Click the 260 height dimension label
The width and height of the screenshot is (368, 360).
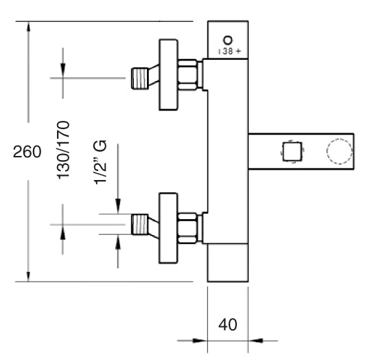[27, 152]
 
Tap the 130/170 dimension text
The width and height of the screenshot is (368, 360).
[63, 150]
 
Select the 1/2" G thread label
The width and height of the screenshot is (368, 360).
[100, 162]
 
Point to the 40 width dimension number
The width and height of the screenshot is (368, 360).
[228, 325]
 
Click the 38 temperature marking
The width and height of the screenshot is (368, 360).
[227, 52]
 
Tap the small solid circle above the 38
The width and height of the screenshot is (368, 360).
[228, 40]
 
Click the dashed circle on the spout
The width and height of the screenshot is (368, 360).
[339, 151]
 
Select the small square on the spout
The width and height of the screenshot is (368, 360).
[292, 151]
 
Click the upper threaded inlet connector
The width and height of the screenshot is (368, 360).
[140, 78]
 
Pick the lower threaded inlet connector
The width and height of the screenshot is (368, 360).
[140, 224]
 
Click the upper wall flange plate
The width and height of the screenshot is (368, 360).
[168, 75]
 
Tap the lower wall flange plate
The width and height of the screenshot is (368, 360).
[168, 228]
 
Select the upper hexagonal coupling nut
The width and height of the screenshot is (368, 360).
[187, 75]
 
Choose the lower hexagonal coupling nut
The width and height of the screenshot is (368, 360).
[187, 228]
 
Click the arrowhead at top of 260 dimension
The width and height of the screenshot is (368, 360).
[28, 26]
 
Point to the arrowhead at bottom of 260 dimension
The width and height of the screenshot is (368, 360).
[28, 276]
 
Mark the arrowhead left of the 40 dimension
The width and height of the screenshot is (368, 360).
[200, 340]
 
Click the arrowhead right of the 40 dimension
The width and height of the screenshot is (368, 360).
[255, 340]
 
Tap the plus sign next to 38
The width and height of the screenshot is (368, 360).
[238, 51]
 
